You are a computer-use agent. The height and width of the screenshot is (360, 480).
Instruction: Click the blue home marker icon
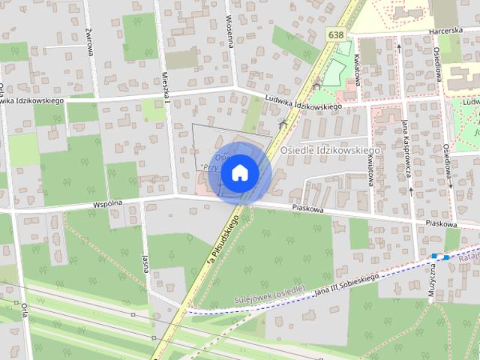[x=239, y=172]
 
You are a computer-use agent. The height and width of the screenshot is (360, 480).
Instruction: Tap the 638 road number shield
[x=337, y=34]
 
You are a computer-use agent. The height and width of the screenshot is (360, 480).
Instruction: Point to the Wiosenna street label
[x=229, y=30]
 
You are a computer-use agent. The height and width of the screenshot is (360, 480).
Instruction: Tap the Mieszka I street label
[x=166, y=88]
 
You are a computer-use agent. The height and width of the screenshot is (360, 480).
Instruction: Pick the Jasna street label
[x=145, y=262]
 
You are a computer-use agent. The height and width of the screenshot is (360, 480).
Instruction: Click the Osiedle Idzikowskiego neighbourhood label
[x=330, y=150]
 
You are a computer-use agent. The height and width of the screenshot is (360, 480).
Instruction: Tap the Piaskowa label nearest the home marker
[x=307, y=210]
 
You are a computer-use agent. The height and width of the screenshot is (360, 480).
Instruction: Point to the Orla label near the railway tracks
[x=24, y=311]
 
